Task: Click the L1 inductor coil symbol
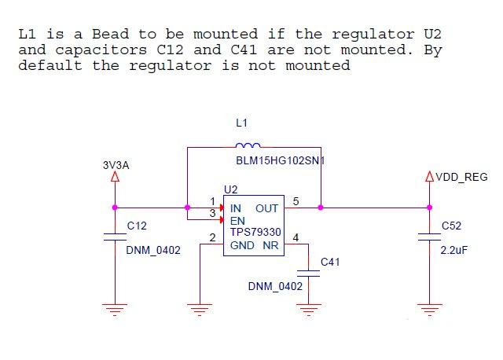248,145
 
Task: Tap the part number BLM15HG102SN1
281,160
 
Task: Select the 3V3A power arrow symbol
116,177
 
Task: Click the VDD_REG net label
461,177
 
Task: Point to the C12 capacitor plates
116,237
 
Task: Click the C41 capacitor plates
308,274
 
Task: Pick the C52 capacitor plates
430,237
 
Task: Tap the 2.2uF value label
454,250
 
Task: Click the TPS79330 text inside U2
255,232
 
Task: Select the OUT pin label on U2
266,208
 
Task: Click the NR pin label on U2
270,245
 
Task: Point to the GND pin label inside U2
242,245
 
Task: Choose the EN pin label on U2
237,221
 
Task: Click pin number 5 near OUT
296,201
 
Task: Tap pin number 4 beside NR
296,237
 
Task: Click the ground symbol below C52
430,310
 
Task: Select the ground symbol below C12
115,310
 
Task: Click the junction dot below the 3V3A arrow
115,208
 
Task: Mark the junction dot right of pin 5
321,208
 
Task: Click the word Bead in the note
111,34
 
